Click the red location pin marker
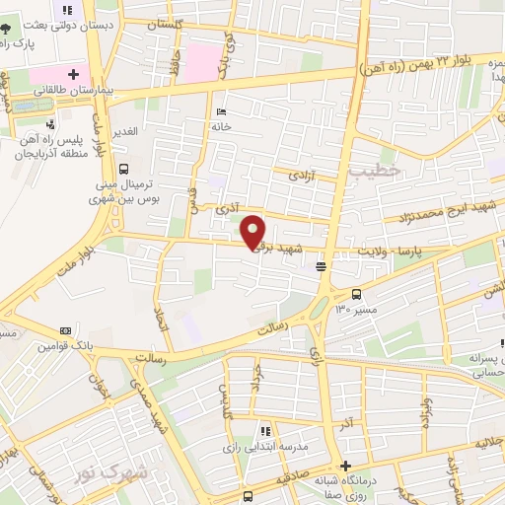pyautogui.click(x=253, y=231)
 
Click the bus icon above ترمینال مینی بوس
pyautogui.click(x=123, y=169)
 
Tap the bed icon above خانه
pyautogui.click(x=220, y=111)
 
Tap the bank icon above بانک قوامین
pyautogui.click(x=66, y=329)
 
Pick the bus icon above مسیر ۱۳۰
pyautogui.click(x=356, y=293)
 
